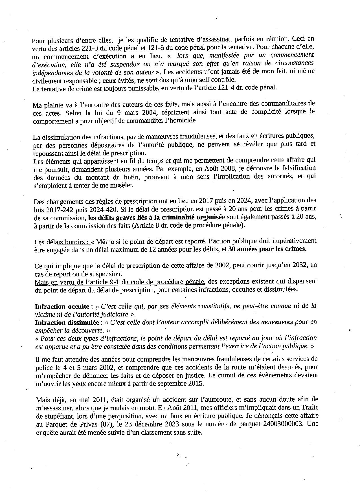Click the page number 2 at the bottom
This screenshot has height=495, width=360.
pos(177,455)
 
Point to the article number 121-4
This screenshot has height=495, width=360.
pos(226,87)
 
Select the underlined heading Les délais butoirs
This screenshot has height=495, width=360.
pos(62,242)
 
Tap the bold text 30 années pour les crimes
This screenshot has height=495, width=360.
pos(267,249)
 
